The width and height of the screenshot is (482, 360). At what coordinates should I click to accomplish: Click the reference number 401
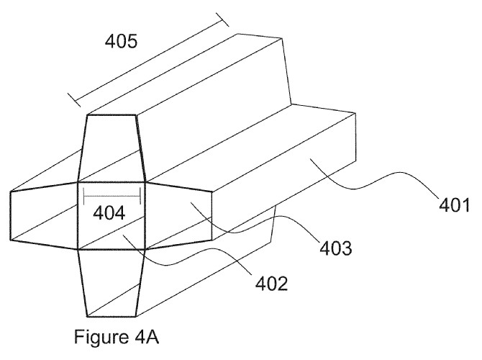point(454,205)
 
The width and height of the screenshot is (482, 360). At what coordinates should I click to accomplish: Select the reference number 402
point(271,284)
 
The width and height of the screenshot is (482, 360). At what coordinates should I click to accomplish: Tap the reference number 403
point(336,248)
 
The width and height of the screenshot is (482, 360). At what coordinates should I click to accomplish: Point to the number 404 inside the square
point(109,213)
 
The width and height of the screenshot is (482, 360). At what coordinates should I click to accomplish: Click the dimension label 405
point(121,41)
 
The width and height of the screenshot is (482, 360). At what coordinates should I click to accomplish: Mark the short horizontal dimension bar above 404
point(112,196)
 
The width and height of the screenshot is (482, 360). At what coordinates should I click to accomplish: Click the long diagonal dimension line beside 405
point(148,60)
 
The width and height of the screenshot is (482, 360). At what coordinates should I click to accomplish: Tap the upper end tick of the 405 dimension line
point(222,19)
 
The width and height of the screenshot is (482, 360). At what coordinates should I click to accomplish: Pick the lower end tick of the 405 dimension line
point(74,100)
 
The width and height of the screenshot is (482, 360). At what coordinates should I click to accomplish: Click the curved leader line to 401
point(373,179)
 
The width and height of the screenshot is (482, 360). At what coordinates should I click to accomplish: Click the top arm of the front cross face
point(112,148)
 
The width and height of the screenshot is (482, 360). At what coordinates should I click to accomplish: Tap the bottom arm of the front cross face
point(112,283)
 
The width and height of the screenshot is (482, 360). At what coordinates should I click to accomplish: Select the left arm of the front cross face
point(44,215)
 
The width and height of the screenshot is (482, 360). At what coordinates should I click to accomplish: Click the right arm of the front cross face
point(178,215)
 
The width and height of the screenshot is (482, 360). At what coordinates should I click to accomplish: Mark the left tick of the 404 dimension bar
point(84,196)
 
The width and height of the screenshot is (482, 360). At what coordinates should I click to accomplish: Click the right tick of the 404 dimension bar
point(140,196)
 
